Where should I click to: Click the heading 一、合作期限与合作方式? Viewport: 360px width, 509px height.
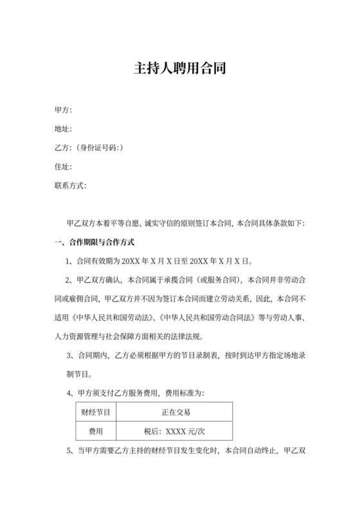(x=94, y=242)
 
